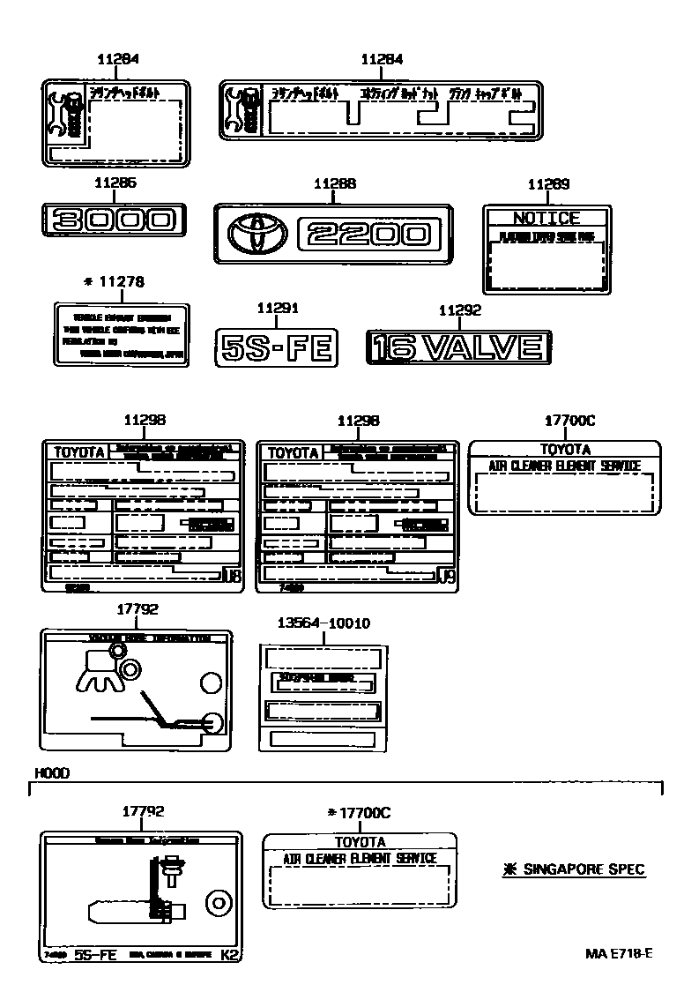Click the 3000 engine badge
[x=114, y=219]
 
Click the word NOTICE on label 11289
[x=546, y=218]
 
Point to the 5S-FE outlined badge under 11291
[x=277, y=348]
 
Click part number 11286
[x=115, y=183]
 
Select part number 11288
[x=335, y=183]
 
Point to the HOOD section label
[x=52, y=772]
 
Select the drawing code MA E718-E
[x=619, y=953]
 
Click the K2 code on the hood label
[x=228, y=955]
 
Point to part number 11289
[x=548, y=184]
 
